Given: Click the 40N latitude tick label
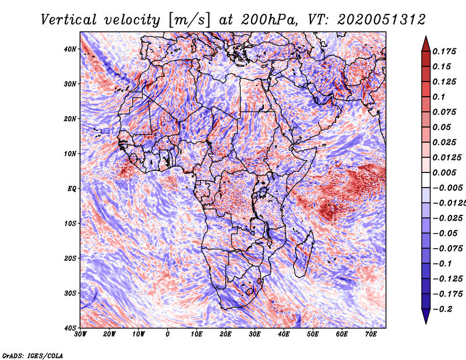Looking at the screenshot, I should (x=70, y=49).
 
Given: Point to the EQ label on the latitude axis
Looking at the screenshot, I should (x=72, y=189).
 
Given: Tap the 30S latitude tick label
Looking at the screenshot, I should (x=70, y=293).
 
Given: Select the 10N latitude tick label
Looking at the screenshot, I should (x=70, y=154).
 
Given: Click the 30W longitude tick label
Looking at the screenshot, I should (x=80, y=334).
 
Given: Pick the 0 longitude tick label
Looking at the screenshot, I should (x=168, y=334).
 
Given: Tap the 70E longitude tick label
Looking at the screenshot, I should (x=370, y=334).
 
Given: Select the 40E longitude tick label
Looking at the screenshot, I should (x=284, y=334).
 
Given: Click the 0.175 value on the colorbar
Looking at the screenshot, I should (x=444, y=52).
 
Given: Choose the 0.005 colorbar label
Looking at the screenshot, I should (x=444, y=172).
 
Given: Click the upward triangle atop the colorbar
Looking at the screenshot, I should (x=425, y=43).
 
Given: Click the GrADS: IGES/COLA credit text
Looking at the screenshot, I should (x=32, y=354).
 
